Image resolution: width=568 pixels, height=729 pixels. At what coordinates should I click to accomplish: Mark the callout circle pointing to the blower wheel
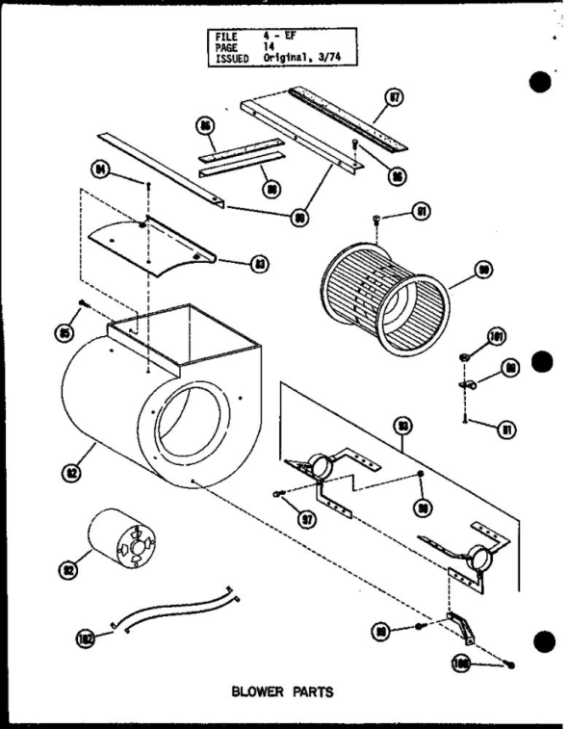tap(484, 273)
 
